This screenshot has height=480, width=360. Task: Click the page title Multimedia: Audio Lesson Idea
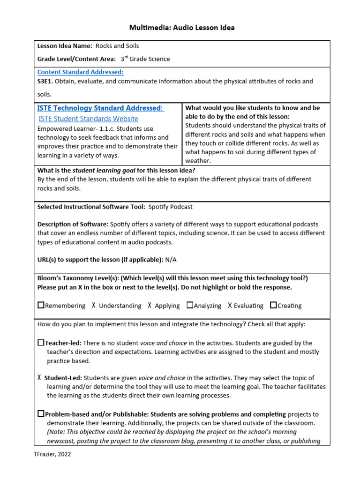tap(182, 28)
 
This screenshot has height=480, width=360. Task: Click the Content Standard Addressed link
tap(80, 72)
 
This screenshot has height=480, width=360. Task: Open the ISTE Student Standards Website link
tap(88, 119)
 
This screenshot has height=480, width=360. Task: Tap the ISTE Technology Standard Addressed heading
tap(100, 108)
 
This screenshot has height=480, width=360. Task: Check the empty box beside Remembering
tap(41, 305)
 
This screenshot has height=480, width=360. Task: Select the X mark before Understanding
tap(94, 306)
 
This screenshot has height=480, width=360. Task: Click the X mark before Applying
tap(150, 306)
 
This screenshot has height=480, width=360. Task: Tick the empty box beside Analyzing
tap(190, 305)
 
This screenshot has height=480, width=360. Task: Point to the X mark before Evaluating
tap(230, 306)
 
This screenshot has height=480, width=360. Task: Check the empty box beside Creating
tap(273, 305)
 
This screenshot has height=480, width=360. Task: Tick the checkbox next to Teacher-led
tap(41, 343)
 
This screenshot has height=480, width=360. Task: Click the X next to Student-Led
tap(39, 378)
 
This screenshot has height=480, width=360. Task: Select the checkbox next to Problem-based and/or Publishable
tap(41, 414)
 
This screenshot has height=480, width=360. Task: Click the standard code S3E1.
tap(45, 81)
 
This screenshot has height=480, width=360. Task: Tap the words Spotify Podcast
tap(171, 207)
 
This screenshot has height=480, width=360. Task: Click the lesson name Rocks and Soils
tap(117, 46)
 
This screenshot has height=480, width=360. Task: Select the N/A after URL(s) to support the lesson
tap(171, 259)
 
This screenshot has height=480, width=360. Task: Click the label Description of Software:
tap(73, 224)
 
